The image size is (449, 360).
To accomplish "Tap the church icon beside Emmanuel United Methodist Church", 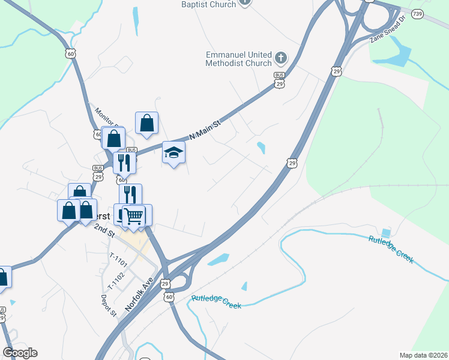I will pyautogui.click(x=280, y=58).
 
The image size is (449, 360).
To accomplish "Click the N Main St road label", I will pyautogui.click(x=205, y=130).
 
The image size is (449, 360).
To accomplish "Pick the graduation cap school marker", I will pyautogui.click(x=174, y=152).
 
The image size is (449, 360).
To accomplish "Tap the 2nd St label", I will pyautogui.click(x=103, y=230).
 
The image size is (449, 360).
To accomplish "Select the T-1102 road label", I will pyautogui.click(x=116, y=275).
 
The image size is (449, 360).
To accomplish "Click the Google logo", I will pyautogui.click(x=20, y=353).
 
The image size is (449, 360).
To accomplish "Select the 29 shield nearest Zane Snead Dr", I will pyautogui.click(x=336, y=71).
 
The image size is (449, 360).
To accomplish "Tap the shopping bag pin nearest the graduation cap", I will pyautogui.click(x=146, y=123).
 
